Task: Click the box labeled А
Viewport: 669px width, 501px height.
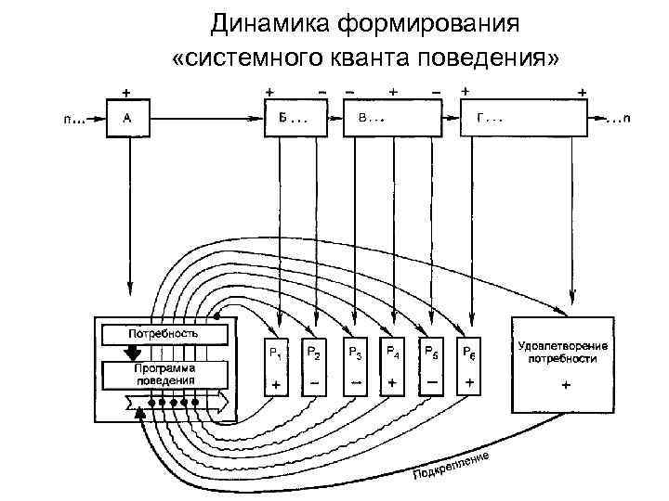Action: [127, 119]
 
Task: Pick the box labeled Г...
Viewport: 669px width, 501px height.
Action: [525, 119]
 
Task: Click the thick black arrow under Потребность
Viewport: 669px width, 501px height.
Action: [133, 352]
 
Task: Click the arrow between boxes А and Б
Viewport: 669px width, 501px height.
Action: [204, 120]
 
